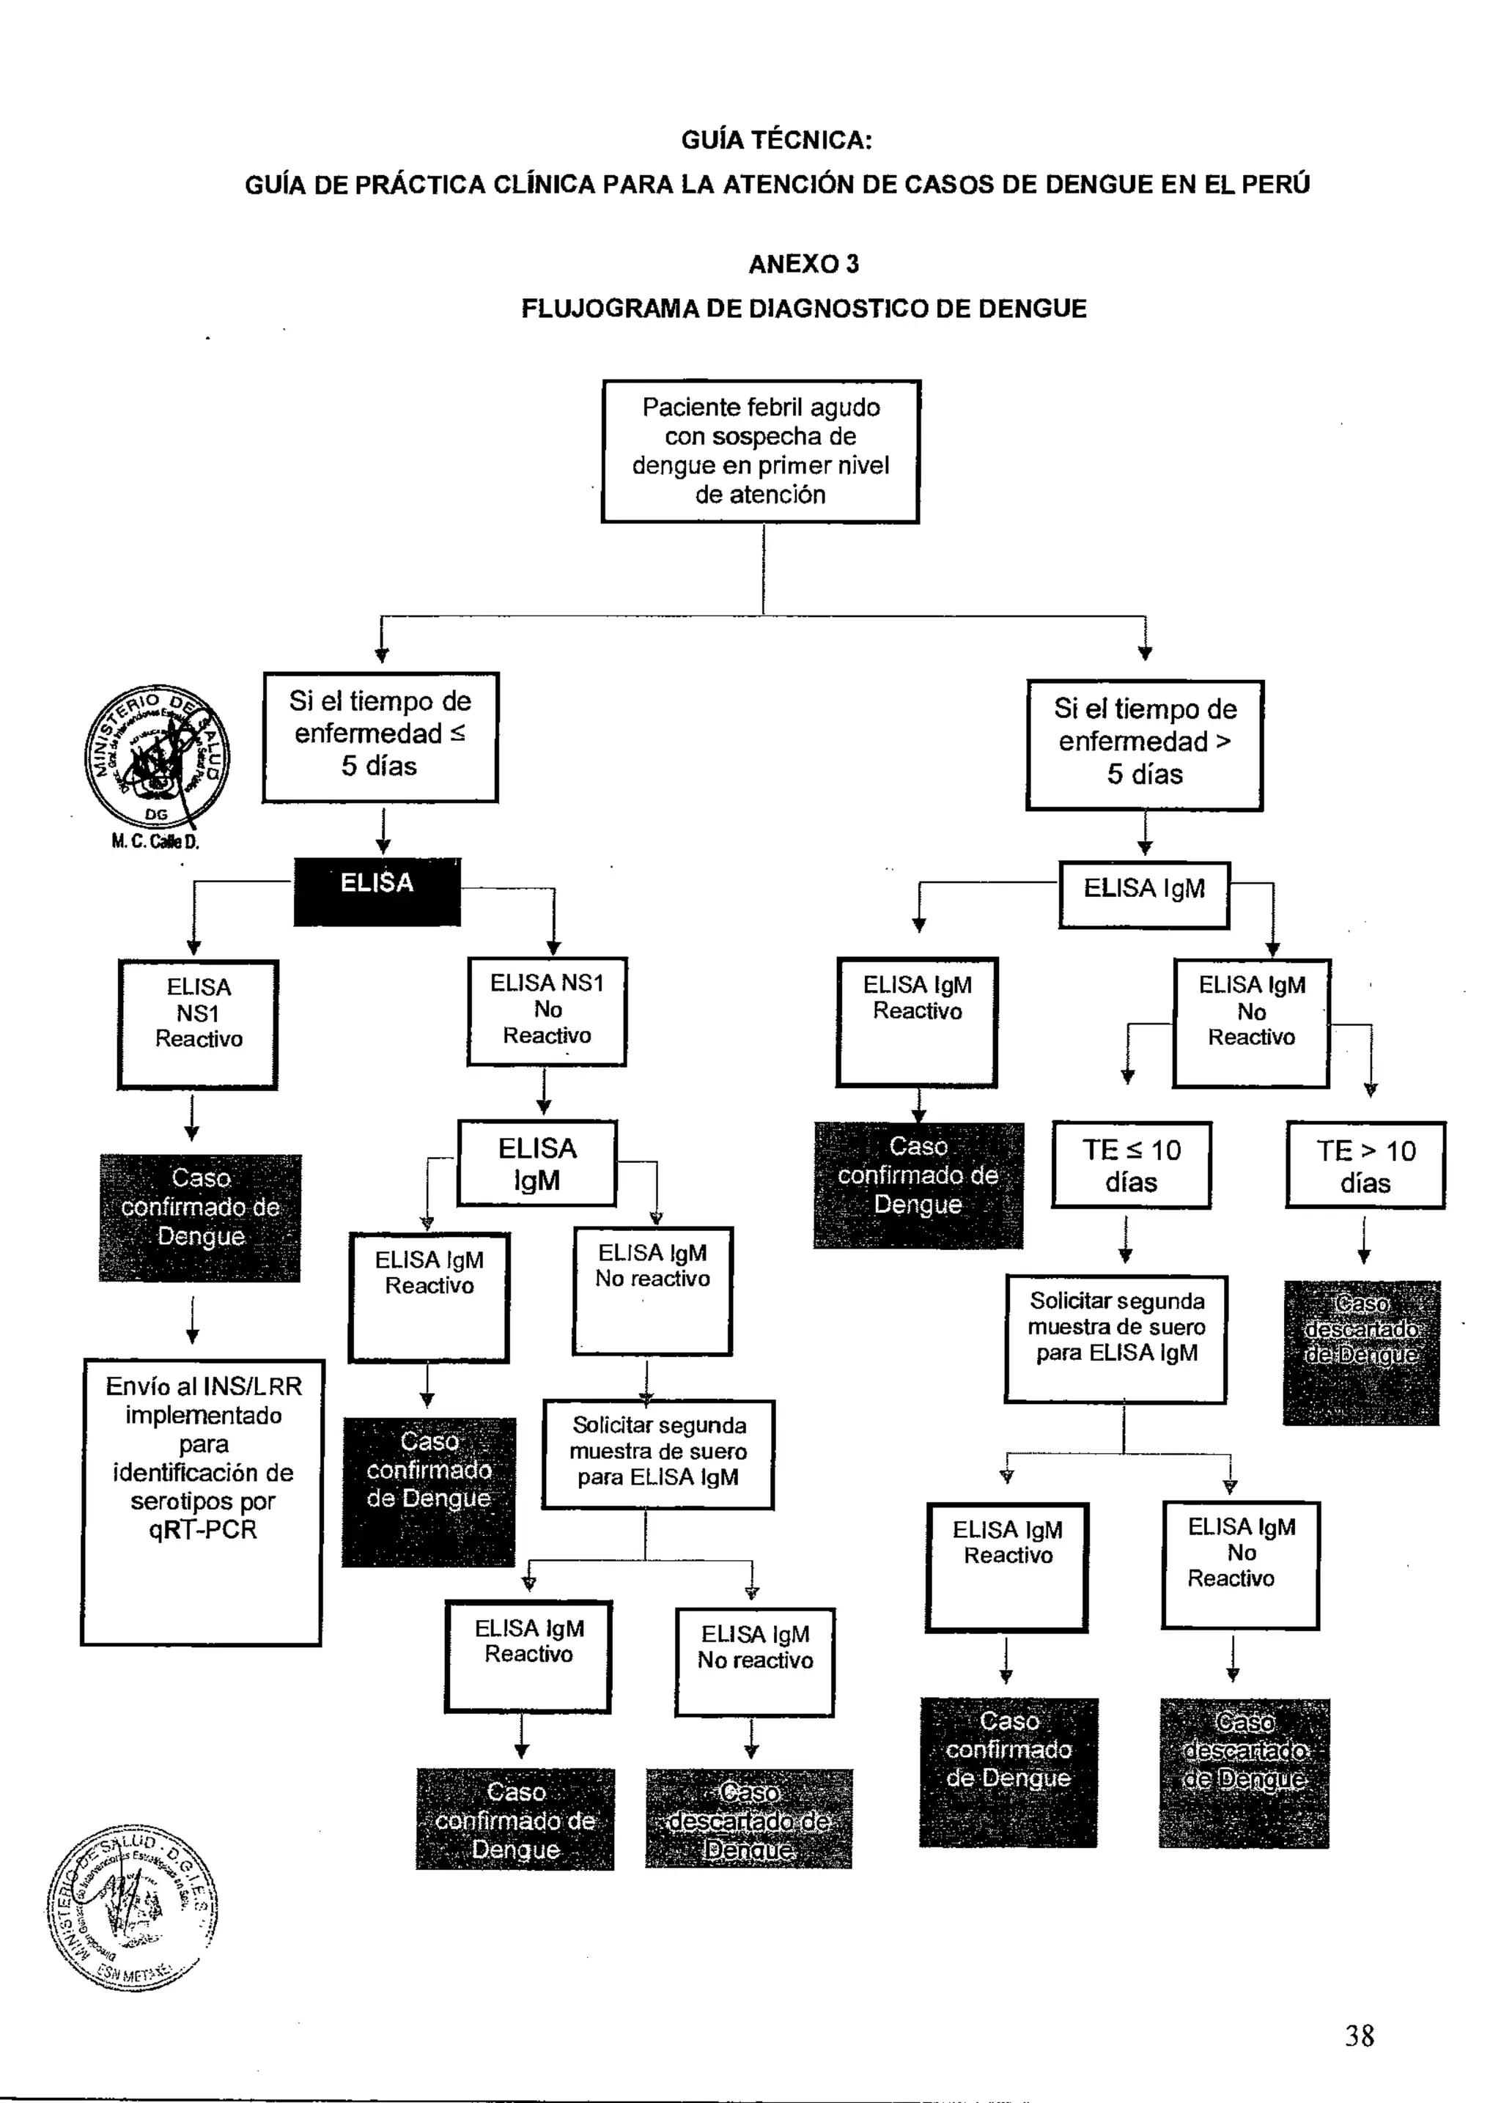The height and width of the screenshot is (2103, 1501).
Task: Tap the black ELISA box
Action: (x=377, y=892)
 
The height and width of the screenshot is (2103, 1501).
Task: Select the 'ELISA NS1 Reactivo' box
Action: (x=198, y=1024)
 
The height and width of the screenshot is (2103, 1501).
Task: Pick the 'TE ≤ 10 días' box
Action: (x=1132, y=1165)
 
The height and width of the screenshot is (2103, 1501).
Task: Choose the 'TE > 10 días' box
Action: (x=1365, y=1165)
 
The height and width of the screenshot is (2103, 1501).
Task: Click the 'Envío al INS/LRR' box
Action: (x=202, y=1501)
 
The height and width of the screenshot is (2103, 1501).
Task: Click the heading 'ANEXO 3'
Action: (x=803, y=265)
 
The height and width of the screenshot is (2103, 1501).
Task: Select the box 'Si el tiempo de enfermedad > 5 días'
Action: (x=1144, y=744)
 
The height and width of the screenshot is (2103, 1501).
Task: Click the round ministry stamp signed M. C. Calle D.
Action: (x=156, y=758)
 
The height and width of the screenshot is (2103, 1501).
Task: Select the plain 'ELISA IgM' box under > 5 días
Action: (x=1143, y=893)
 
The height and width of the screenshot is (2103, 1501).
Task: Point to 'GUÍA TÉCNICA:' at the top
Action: (x=776, y=141)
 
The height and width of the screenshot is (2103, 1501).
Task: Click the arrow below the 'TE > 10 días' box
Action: (x=1364, y=1240)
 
